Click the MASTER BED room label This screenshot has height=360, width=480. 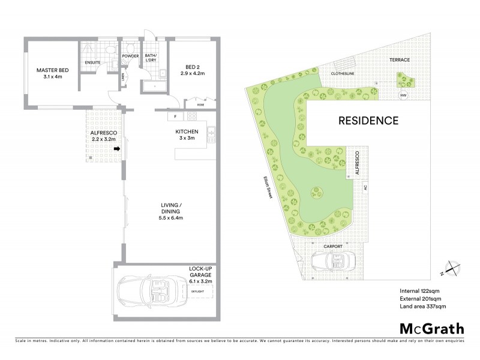(x=52, y=73)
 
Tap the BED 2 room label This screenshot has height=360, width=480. (x=193, y=70)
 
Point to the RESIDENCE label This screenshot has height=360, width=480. (x=368, y=120)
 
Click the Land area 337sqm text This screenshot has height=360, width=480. (x=423, y=306)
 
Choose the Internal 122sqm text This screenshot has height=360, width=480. (x=422, y=291)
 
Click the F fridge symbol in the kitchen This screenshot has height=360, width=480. (x=175, y=116)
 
